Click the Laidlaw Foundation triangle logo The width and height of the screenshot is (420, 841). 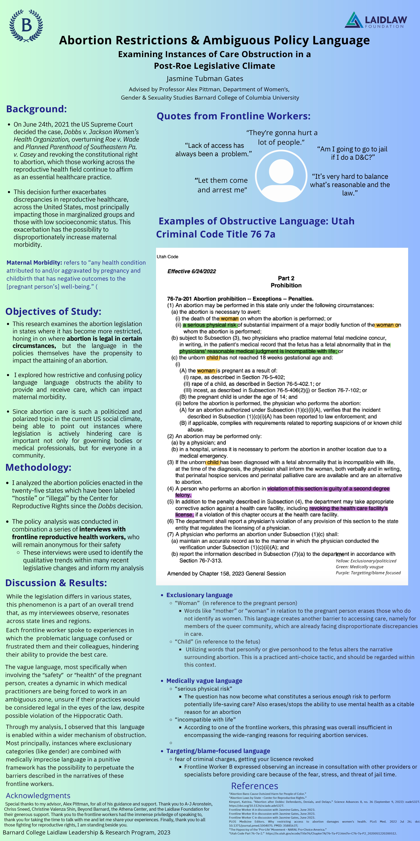pyautogui.click(x=354, y=20)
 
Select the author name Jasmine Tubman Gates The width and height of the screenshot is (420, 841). pyautogui.click(x=205, y=79)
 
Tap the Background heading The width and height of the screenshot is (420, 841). pyautogui.click(x=37, y=109)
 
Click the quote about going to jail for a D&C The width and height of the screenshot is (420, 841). pyautogui.click(x=352, y=153)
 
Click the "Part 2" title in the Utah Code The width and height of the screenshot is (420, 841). pyautogui.click(x=286, y=278)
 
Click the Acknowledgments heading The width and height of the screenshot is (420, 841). pyautogui.click(x=38, y=796)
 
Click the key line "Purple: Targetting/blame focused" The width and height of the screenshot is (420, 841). pyautogui.click(x=368, y=573)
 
